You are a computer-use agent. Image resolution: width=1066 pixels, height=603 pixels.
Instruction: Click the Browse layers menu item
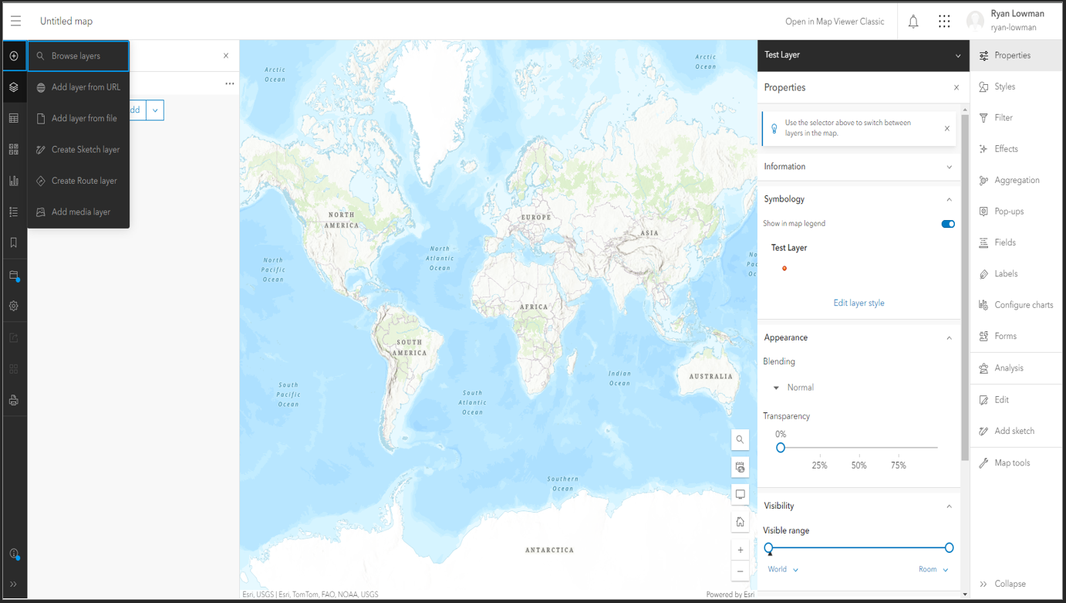point(76,56)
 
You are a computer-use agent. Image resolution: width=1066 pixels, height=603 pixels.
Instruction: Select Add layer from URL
point(85,87)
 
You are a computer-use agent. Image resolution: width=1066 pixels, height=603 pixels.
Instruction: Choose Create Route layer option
point(83,181)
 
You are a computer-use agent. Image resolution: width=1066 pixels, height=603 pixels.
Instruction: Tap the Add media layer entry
point(80,212)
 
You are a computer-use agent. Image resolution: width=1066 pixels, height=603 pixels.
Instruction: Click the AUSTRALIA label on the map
point(710,377)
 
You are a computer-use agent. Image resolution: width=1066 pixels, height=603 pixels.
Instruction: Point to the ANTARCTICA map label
point(549,550)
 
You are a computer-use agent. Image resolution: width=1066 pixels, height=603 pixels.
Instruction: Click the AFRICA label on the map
point(534,307)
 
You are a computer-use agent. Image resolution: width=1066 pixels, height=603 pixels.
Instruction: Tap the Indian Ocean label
point(619,378)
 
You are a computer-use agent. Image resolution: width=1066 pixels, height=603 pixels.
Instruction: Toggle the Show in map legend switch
point(948,224)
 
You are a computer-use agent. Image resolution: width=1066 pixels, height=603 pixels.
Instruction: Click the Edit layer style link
point(859,303)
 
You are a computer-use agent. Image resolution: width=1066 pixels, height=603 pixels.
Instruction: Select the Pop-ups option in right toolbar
point(1009,212)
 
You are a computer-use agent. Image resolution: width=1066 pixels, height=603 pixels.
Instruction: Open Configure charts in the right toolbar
point(1024,305)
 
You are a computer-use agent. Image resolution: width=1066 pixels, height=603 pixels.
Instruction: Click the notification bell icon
point(913,22)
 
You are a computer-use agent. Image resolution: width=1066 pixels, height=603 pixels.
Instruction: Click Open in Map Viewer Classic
point(835,22)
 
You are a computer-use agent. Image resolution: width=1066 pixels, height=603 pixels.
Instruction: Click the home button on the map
point(740,522)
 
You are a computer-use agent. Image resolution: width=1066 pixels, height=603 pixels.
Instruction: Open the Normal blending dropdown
point(794,388)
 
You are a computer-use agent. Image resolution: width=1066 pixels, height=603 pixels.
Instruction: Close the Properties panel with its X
point(956,87)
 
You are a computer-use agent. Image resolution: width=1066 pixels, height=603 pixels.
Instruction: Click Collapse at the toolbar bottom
point(1009,584)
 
